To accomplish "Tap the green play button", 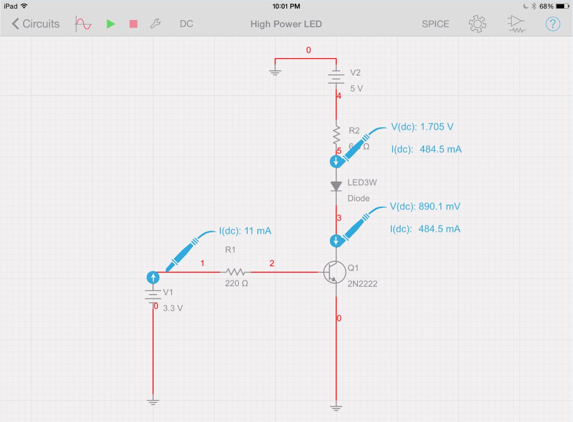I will point(111,24).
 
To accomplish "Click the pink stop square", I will point(133,24).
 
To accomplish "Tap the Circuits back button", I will point(36,24).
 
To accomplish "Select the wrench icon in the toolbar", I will point(155,24).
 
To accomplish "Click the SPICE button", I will point(435,24).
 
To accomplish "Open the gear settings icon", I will point(477,24).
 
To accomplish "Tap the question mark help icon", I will point(553,24).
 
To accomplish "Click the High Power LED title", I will point(286,24).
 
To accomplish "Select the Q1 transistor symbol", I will point(334,272).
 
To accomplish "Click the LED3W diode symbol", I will point(336,186).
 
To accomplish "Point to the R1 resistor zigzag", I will point(236,272).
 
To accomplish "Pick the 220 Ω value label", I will point(236,284).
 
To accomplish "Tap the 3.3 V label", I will point(173,308).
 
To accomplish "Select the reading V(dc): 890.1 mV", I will point(425,207).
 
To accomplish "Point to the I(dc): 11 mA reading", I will point(245,231).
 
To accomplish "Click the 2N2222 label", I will point(362,284).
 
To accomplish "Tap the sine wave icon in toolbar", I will point(84,24).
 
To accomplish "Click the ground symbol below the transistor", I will point(336,408).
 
